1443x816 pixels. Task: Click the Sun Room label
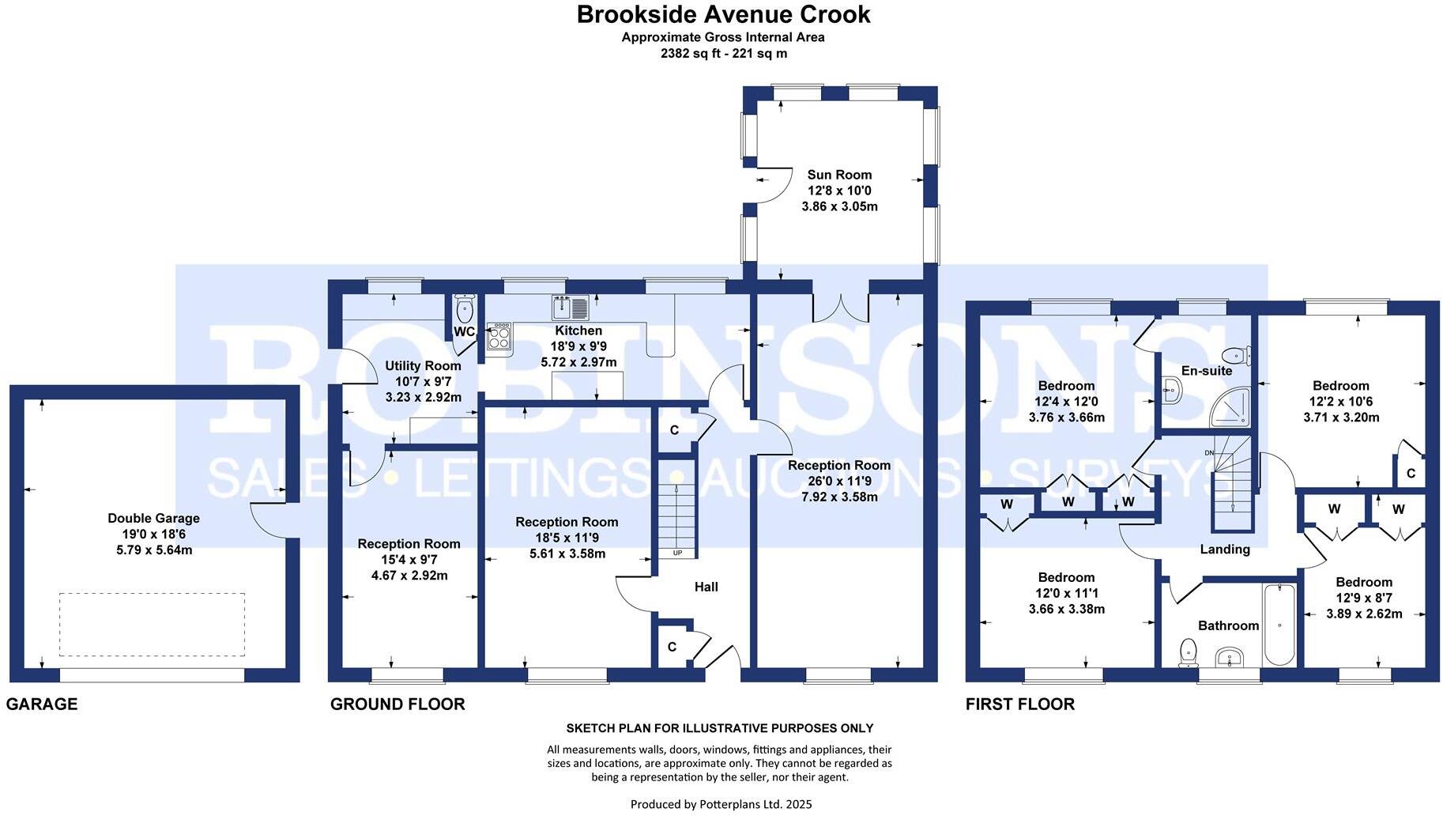point(839,175)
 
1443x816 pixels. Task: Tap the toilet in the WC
point(465,309)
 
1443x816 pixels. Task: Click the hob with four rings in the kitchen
point(499,338)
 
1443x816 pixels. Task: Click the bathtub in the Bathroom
point(1279,625)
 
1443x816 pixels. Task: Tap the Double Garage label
point(154,518)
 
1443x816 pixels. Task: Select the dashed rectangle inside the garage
point(152,625)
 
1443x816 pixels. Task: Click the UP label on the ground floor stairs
point(677,553)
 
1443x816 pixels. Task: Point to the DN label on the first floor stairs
point(1209,452)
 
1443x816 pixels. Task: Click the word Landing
point(1225,549)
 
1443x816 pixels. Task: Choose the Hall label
point(706,587)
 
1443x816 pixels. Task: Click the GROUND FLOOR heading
point(397,704)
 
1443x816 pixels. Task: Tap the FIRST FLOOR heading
point(1019,704)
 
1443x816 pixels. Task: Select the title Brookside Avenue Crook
point(723,14)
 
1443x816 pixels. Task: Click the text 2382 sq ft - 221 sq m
point(723,54)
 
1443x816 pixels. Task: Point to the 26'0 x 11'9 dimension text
point(839,481)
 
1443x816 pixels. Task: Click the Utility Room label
point(423,365)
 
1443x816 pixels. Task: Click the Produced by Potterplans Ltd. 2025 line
point(721,804)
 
